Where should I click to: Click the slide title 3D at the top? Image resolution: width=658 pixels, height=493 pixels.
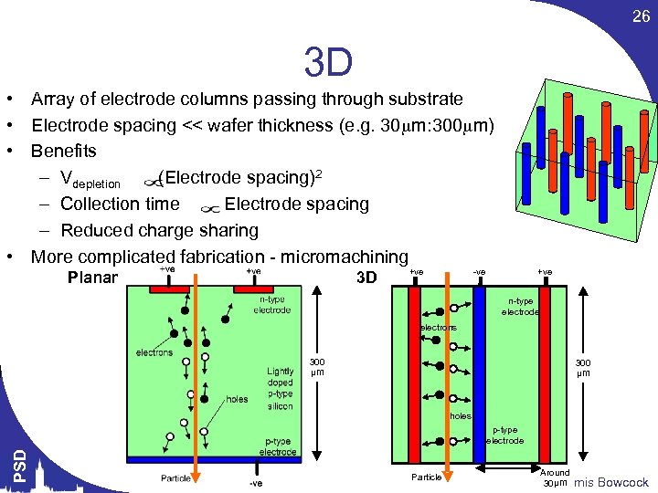point(328,63)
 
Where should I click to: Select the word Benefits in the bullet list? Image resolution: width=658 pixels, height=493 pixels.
point(63,151)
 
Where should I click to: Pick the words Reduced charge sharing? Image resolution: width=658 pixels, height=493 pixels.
point(159,231)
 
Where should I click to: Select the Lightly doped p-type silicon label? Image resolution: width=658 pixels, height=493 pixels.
point(280,388)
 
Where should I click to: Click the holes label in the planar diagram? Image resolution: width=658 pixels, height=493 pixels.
point(237,399)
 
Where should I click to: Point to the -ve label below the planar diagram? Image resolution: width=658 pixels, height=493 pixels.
point(255,483)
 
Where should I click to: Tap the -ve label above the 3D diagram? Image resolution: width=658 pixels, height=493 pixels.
point(479,271)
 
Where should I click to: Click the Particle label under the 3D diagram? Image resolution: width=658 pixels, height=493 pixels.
point(427,477)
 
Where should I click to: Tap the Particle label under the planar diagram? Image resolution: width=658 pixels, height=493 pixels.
point(175,477)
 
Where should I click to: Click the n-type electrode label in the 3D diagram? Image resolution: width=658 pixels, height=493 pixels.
point(520,307)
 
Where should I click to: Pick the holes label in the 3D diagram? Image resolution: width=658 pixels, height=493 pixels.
point(460,416)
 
